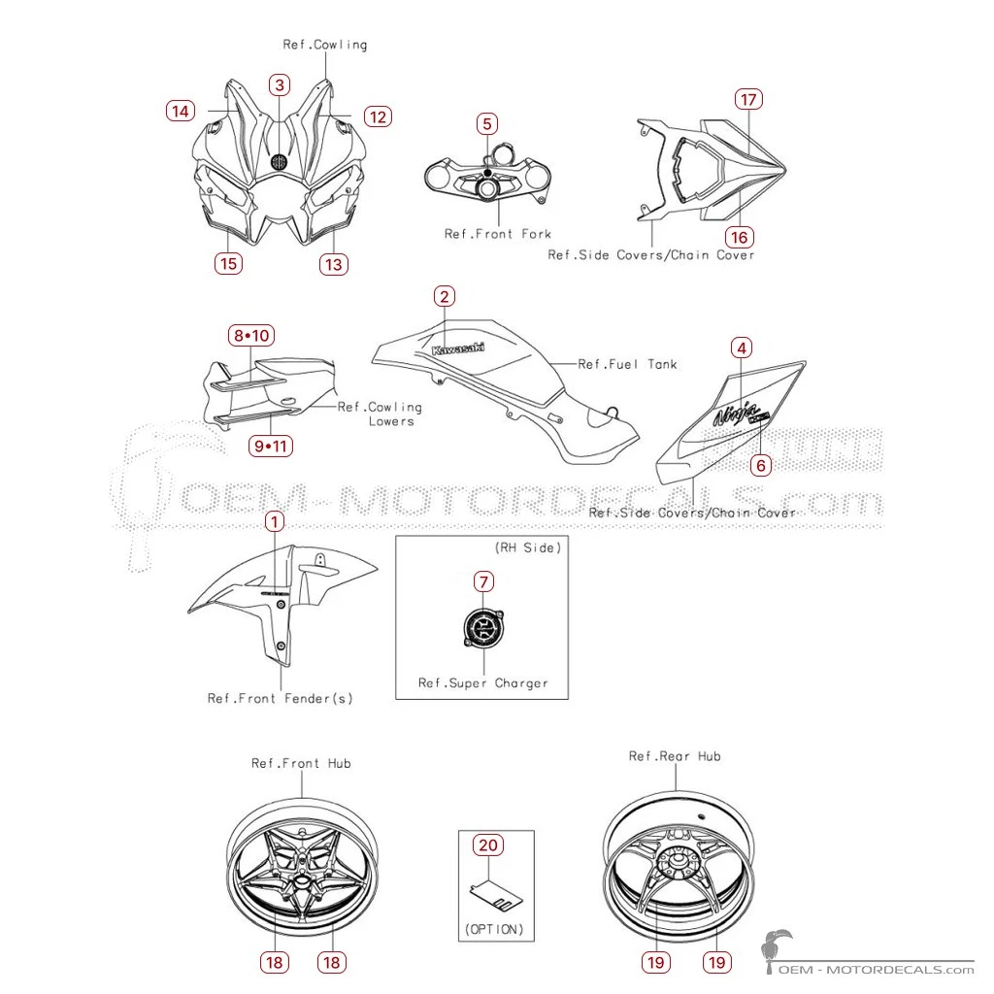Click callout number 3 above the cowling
280,85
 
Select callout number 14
180,111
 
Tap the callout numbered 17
748,100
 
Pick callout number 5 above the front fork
487,123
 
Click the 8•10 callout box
251,335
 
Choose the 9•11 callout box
271,447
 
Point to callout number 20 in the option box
488,845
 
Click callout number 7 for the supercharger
483,581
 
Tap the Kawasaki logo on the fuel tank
458,349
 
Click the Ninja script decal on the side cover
738,414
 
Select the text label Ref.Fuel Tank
628,365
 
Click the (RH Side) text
528,547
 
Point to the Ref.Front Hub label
301,763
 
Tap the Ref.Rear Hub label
675,756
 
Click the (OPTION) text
494,929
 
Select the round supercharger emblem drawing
483,628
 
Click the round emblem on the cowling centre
279,162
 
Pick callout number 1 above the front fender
274,522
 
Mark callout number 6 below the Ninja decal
761,466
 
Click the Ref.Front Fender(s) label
281,699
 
